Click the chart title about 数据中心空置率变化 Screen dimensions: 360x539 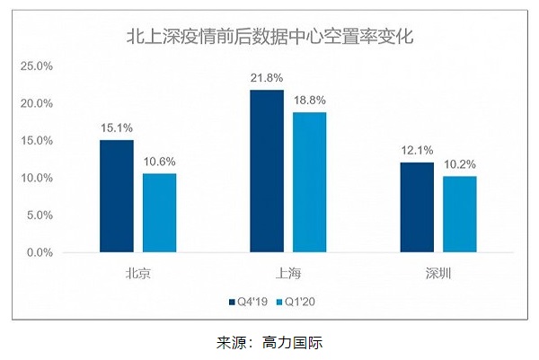pyautogui.click(x=269, y=38)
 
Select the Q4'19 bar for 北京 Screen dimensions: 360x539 pyautogui.click(x=117, y=196)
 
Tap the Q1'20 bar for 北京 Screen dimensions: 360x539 pyautogui.click(x=159, y=213)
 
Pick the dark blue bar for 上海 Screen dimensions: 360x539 pyautogui.click(x=267, y=171)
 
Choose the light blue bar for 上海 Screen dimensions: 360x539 pyautogui.click(x=309, y=182)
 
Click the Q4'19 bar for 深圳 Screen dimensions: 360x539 pyautogui.click(x=417, y=207)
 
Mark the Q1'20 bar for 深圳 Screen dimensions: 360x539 pyautogui.click(x=459, y=215)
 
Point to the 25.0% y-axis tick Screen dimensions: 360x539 pyautogui.click(x=38, y=66)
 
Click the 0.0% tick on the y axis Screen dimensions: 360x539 pyautogui.click(x=40, y=252)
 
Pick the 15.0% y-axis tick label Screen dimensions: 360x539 pyautogui.click(x=38, y=141)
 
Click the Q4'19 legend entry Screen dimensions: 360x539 pyautogui.click(x=250, y=301)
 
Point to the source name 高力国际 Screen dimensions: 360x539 pyautogui.click(x=304, y=342)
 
